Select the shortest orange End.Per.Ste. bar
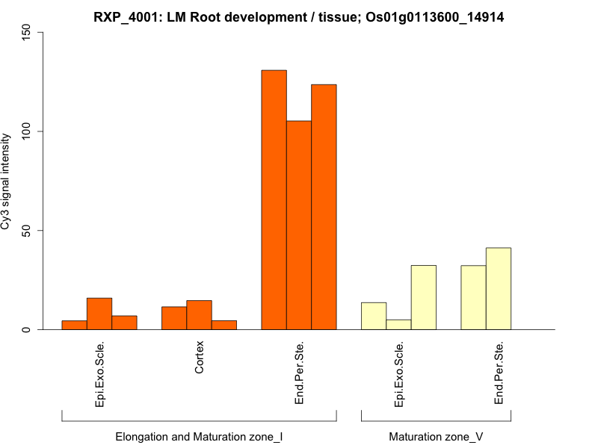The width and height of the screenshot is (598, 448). point(299,225)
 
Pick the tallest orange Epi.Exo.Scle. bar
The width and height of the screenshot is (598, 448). point(99,314)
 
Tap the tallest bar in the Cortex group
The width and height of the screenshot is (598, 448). point(199,315)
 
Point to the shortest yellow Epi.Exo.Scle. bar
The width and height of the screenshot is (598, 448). point(398,325)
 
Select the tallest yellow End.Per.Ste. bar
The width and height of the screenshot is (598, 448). point(498,288)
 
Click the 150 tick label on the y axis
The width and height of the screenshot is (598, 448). point(25,33)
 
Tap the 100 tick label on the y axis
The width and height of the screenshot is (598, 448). point(25,131)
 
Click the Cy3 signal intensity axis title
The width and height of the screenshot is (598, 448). point(7,181)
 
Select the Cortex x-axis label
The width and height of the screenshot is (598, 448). point(199,358)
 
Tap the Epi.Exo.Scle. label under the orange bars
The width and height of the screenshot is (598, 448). point(99,374)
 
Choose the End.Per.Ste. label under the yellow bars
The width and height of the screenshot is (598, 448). point(499,373)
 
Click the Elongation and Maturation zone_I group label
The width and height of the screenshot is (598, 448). point(199,436)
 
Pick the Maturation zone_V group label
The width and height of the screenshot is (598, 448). point(436,436)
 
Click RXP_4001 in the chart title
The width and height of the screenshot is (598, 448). point(123,16)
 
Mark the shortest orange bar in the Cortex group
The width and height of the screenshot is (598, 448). point(224,325)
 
